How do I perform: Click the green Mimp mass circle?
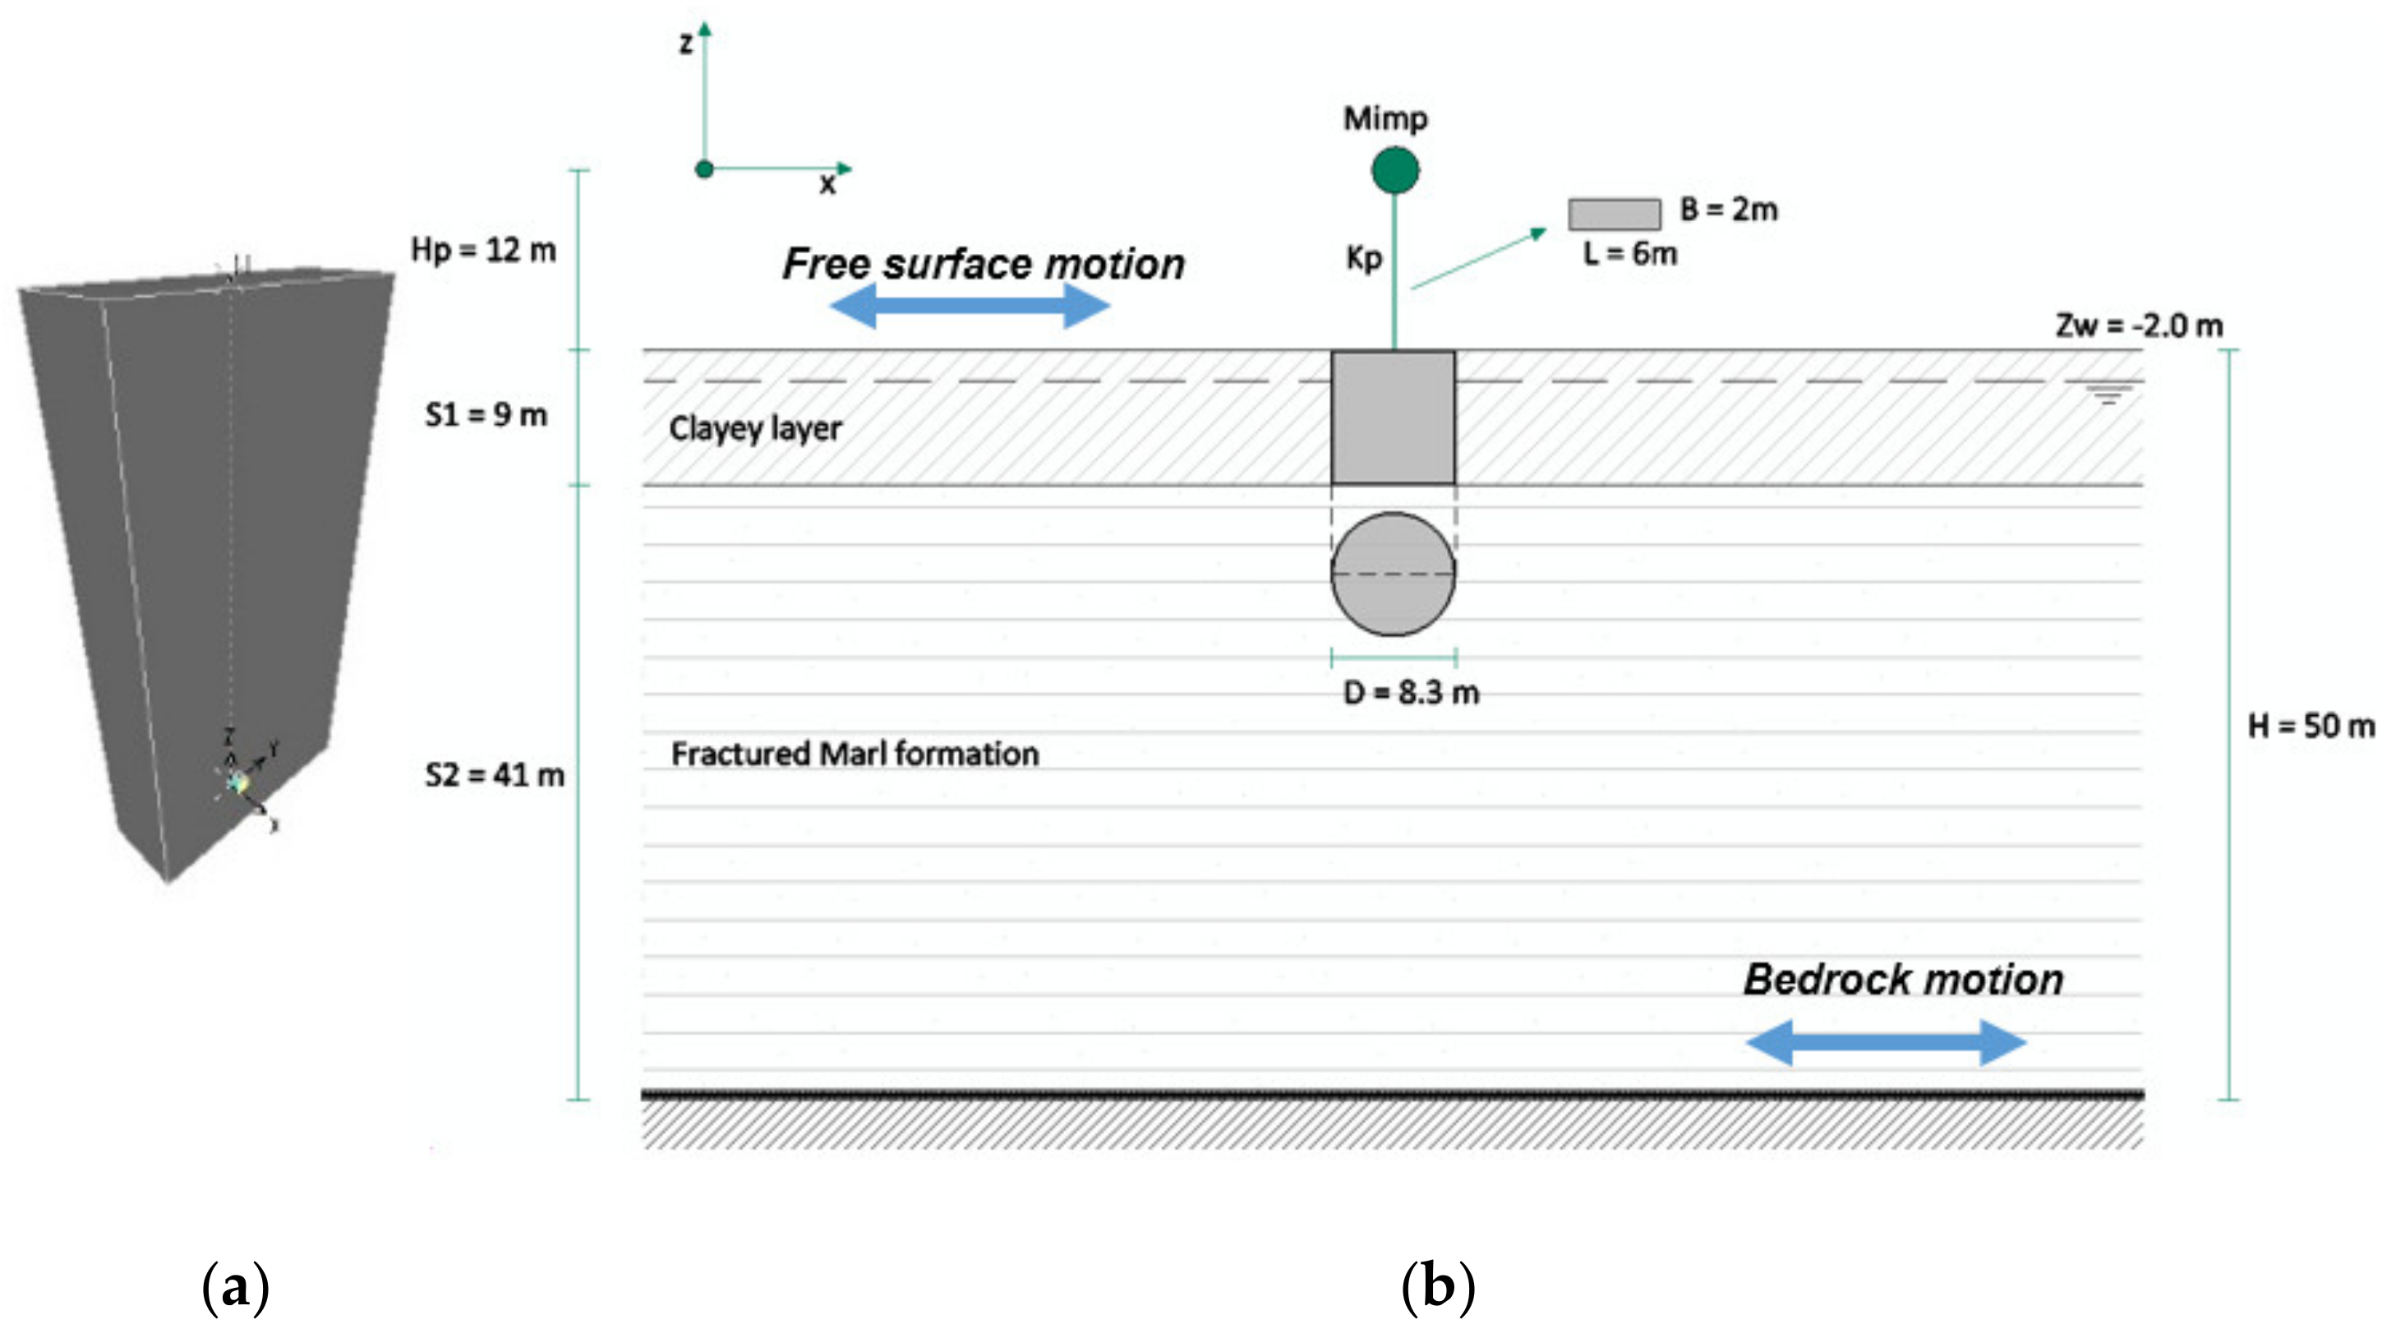click(1395, 170)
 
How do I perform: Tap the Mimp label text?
click(1385, 118)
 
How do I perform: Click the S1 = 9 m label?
click(486, 414)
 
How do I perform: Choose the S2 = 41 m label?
click(495, 774)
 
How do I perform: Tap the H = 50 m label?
click(2311, 725)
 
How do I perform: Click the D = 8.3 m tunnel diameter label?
click(1411, 692)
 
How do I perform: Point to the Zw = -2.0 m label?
click(2140, 325)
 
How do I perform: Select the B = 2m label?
click(1729, 210)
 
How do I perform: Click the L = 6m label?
click(1629, 253)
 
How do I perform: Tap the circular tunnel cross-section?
click(1394, 574)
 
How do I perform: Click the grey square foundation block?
click(1394, 418)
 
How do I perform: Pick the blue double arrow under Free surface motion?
click(970, 305)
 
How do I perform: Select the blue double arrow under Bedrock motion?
click(1887, 1042)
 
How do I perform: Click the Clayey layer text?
click(755, 429)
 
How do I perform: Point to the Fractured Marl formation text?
click(855, 754)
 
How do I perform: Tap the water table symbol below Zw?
click(2108, 394)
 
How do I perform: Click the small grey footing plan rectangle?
click(1615, 214)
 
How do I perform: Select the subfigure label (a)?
click(235, 1288)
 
